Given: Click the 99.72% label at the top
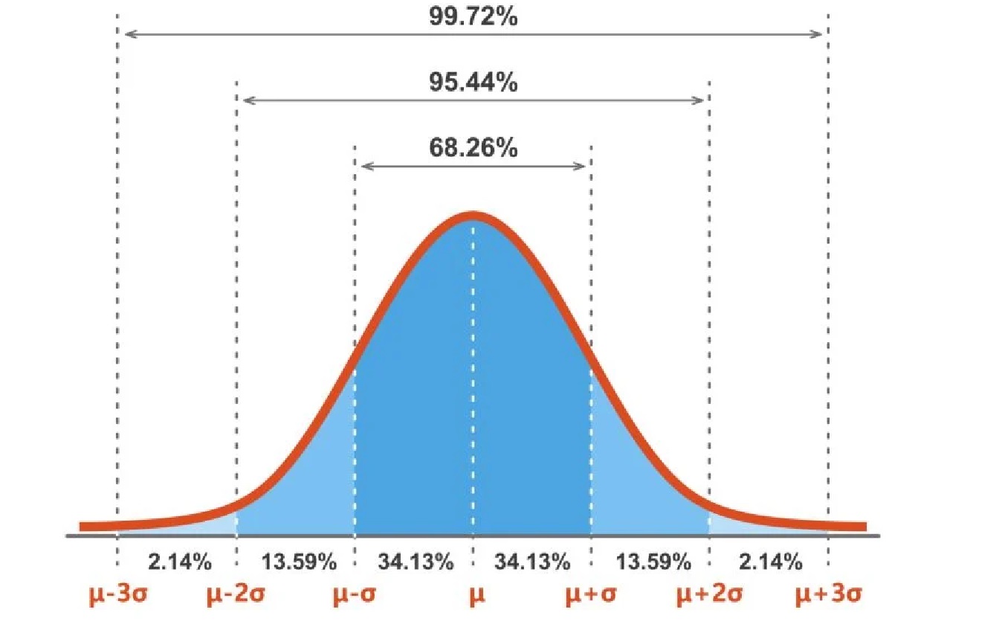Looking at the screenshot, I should click(x=473, y=16).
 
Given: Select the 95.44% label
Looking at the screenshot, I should click(x=473, y=83).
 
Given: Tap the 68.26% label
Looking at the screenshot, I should click(x=473, y=148).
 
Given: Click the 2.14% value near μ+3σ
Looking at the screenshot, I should click(x=770, y=562).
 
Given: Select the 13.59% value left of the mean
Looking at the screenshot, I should click(x=295, y=562).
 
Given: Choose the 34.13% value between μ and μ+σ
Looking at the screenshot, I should click(x=533, y=562).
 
